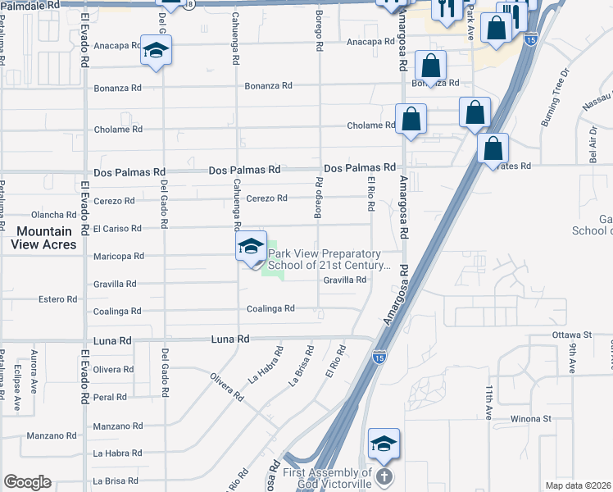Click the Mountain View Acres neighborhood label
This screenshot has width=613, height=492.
pos(46,238)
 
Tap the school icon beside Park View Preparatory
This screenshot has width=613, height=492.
pos(251,248)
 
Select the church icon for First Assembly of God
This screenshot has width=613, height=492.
pos(385,476)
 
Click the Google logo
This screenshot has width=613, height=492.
pos(27,482)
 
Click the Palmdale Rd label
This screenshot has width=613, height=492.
pos(30,4)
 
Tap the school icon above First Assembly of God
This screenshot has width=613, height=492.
pos(384,444)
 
